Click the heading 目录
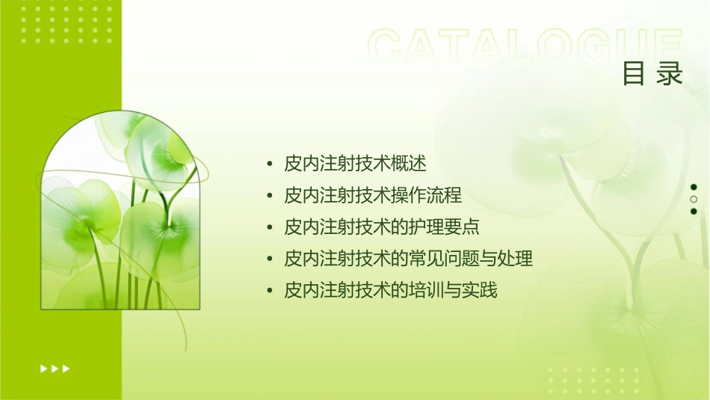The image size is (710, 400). point(652,74)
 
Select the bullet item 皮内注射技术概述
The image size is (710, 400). point(355,164)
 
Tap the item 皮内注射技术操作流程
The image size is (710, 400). point(373,196)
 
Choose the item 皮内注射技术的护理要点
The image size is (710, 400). point(382,227)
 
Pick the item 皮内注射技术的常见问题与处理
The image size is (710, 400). point(409,259)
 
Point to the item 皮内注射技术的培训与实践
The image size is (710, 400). point(391,290)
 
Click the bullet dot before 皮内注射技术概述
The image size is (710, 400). point(269,164)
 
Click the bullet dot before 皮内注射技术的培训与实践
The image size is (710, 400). point(269,291)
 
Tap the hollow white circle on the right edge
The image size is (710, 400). point(694,200)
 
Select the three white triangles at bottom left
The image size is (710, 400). point(55,368)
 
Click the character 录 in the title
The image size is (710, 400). point(670,74)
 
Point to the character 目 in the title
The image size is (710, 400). point(634,74)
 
